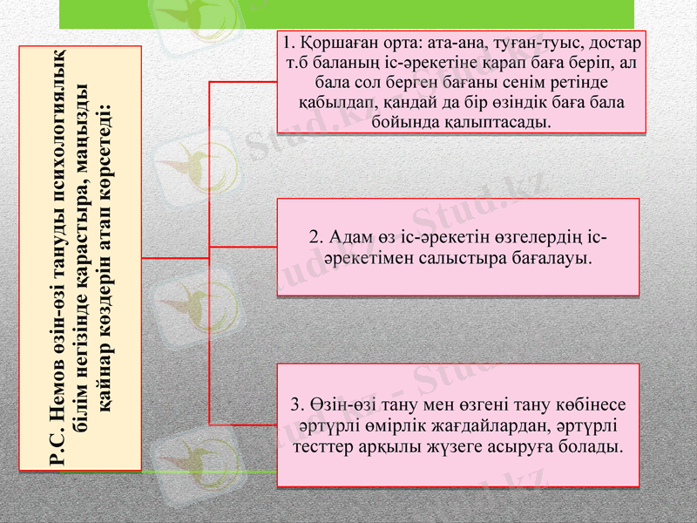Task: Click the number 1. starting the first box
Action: (x=287, y=43)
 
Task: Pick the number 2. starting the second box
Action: (x=316, y=237)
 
